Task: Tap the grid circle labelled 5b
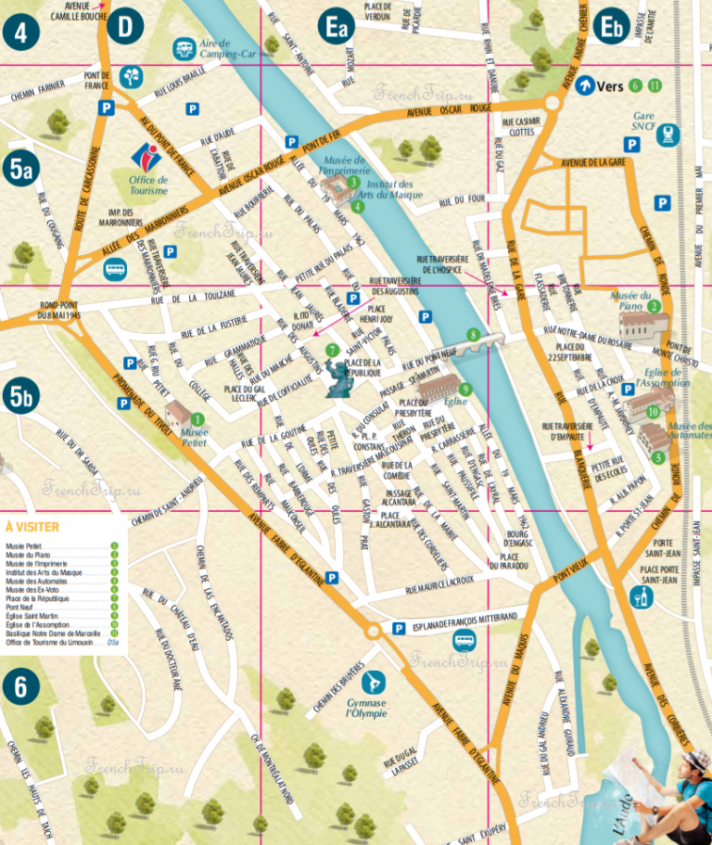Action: coord(20,397)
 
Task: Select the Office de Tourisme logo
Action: coord(147,158)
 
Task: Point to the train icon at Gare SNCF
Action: coord(667,136)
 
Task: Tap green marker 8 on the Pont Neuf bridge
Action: coord(474,335)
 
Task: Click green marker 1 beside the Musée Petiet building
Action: coord(197,419)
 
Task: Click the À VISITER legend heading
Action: coord(32,527)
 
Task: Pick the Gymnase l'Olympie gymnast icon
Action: coord(374,684)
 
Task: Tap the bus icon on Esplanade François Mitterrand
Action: coord(465,640)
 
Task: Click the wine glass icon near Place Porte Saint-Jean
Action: coord(640,596)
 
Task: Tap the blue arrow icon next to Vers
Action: coord(584,86)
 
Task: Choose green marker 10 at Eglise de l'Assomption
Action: coord(653,413)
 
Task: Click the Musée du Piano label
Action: coord(633,297)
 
